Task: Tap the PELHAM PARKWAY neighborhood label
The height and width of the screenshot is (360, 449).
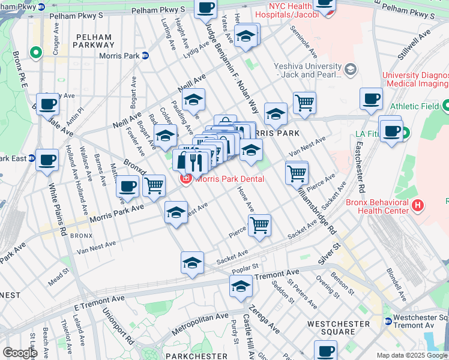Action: tap(94, 41)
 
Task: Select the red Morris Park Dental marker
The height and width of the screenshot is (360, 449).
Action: tap(186, 179)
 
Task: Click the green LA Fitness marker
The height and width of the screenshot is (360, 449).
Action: tap(405, 133)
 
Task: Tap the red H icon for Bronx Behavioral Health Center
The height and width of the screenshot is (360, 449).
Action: tap(418, 206)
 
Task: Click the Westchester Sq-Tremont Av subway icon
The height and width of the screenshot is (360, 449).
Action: tap(388, 321)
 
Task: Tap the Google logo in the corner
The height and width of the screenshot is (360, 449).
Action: tap(20, 353)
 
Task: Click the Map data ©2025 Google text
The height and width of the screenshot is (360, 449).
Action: tap(412, 356)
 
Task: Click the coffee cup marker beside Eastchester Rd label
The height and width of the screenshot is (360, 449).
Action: tap(371, 98)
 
